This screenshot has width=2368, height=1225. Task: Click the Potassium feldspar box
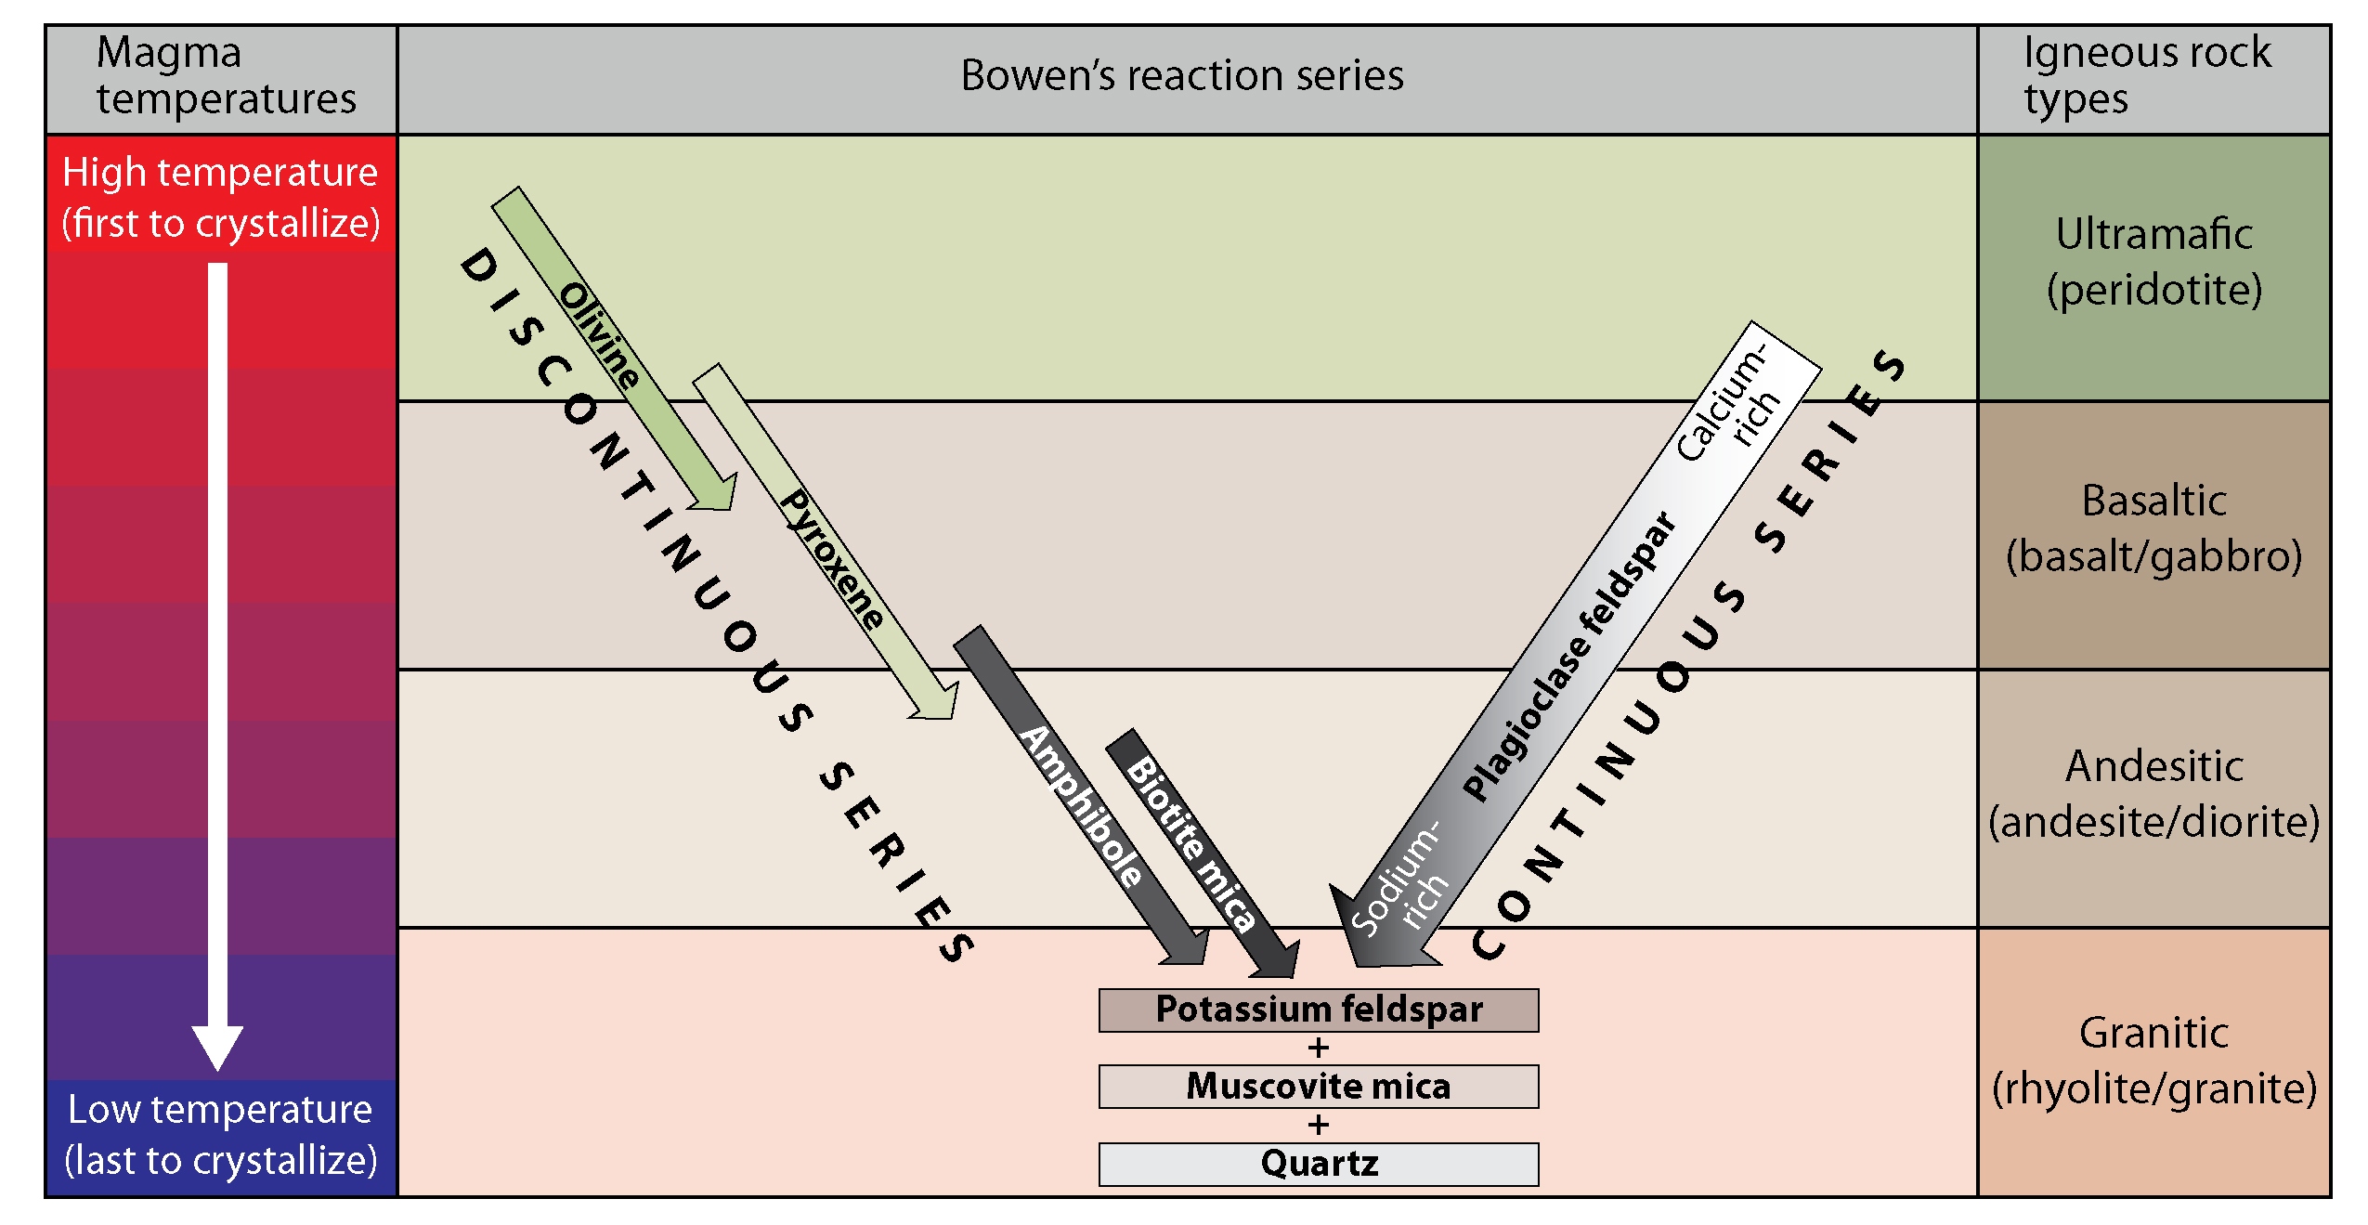click(1318, 1010)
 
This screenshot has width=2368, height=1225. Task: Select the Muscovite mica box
click(1318, 1086)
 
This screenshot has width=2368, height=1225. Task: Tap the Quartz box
click(1318, 1164)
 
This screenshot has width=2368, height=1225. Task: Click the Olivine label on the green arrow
click(600, 335)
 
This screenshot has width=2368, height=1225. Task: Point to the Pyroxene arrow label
click(832, 560)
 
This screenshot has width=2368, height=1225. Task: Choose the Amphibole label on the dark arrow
click(1082, 805)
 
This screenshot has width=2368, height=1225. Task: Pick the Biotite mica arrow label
click(1191, 843)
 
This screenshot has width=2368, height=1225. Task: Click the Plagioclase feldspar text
click(1570, 656)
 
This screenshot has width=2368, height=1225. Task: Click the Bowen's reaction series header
click(1181, 76)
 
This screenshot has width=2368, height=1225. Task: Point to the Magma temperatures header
click(225, 76)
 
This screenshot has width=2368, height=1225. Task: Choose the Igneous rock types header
click(2147, 76)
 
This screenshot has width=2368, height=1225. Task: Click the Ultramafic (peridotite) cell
click(2153, 263)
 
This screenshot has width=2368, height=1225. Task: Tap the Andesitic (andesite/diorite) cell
click(2153, 795)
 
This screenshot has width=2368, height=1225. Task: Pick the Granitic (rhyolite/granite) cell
click(2153, 1061)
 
